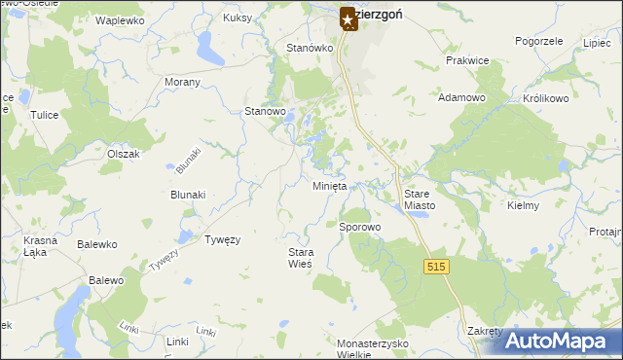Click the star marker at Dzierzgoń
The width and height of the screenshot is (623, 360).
[348, 18]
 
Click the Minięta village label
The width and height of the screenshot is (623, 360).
[329, 186]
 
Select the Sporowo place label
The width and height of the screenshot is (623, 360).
[359, 227]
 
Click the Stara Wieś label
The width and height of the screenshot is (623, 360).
[300, 258]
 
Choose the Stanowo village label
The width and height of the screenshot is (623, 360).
[265, 112]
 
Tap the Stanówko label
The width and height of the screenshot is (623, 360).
[310, 48]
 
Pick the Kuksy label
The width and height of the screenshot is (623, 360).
[238, 18]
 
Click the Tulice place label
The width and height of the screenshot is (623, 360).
[45, 115]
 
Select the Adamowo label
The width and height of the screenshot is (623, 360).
[461, 98]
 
